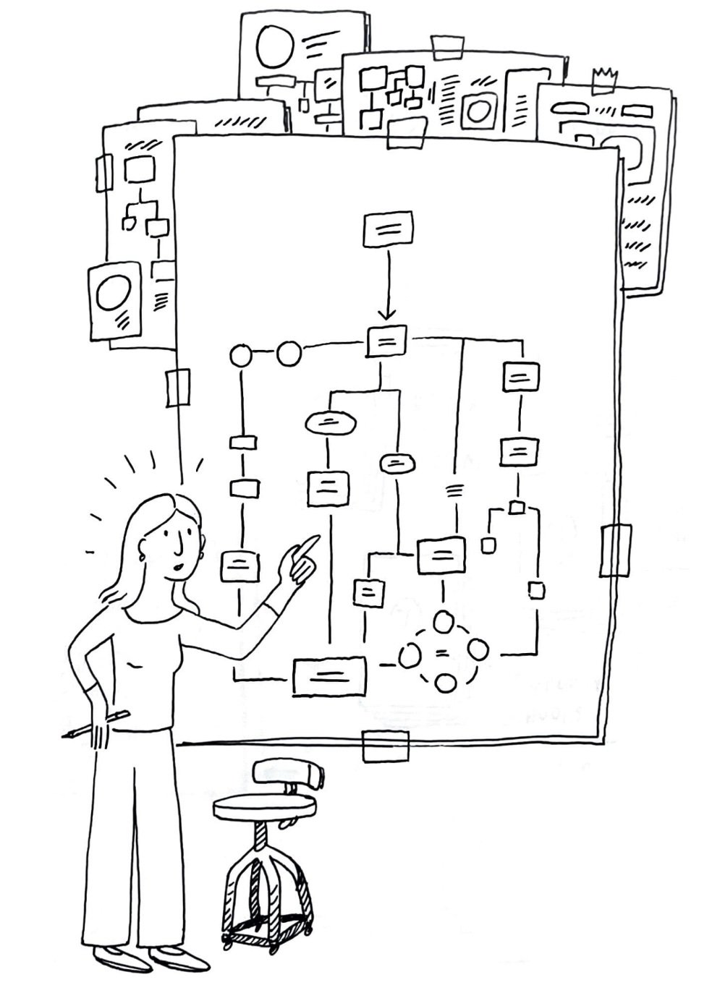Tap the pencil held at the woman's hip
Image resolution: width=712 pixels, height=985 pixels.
tap(97, 725)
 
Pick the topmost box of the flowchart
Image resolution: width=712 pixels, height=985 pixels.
tap(388, 229)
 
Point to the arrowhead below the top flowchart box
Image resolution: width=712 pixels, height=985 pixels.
tap(387, 314)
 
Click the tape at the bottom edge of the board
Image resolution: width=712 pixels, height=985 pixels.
tap(385, 746)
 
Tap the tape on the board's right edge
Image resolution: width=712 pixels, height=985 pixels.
tap(616, 550)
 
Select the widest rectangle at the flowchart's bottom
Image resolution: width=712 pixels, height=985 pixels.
tap(329, 676)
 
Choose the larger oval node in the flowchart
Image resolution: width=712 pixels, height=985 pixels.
tap(331, 422)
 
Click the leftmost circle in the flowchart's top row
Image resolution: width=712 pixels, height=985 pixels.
tap(241, 356)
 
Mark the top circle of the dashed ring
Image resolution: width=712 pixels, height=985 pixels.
tap(444, 621)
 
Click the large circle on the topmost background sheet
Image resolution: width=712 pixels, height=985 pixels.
tap(275, 46)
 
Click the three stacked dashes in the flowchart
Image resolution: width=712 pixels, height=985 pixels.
tap(454, 492)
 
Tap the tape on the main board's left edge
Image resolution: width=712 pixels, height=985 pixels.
tap(177, 388)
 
